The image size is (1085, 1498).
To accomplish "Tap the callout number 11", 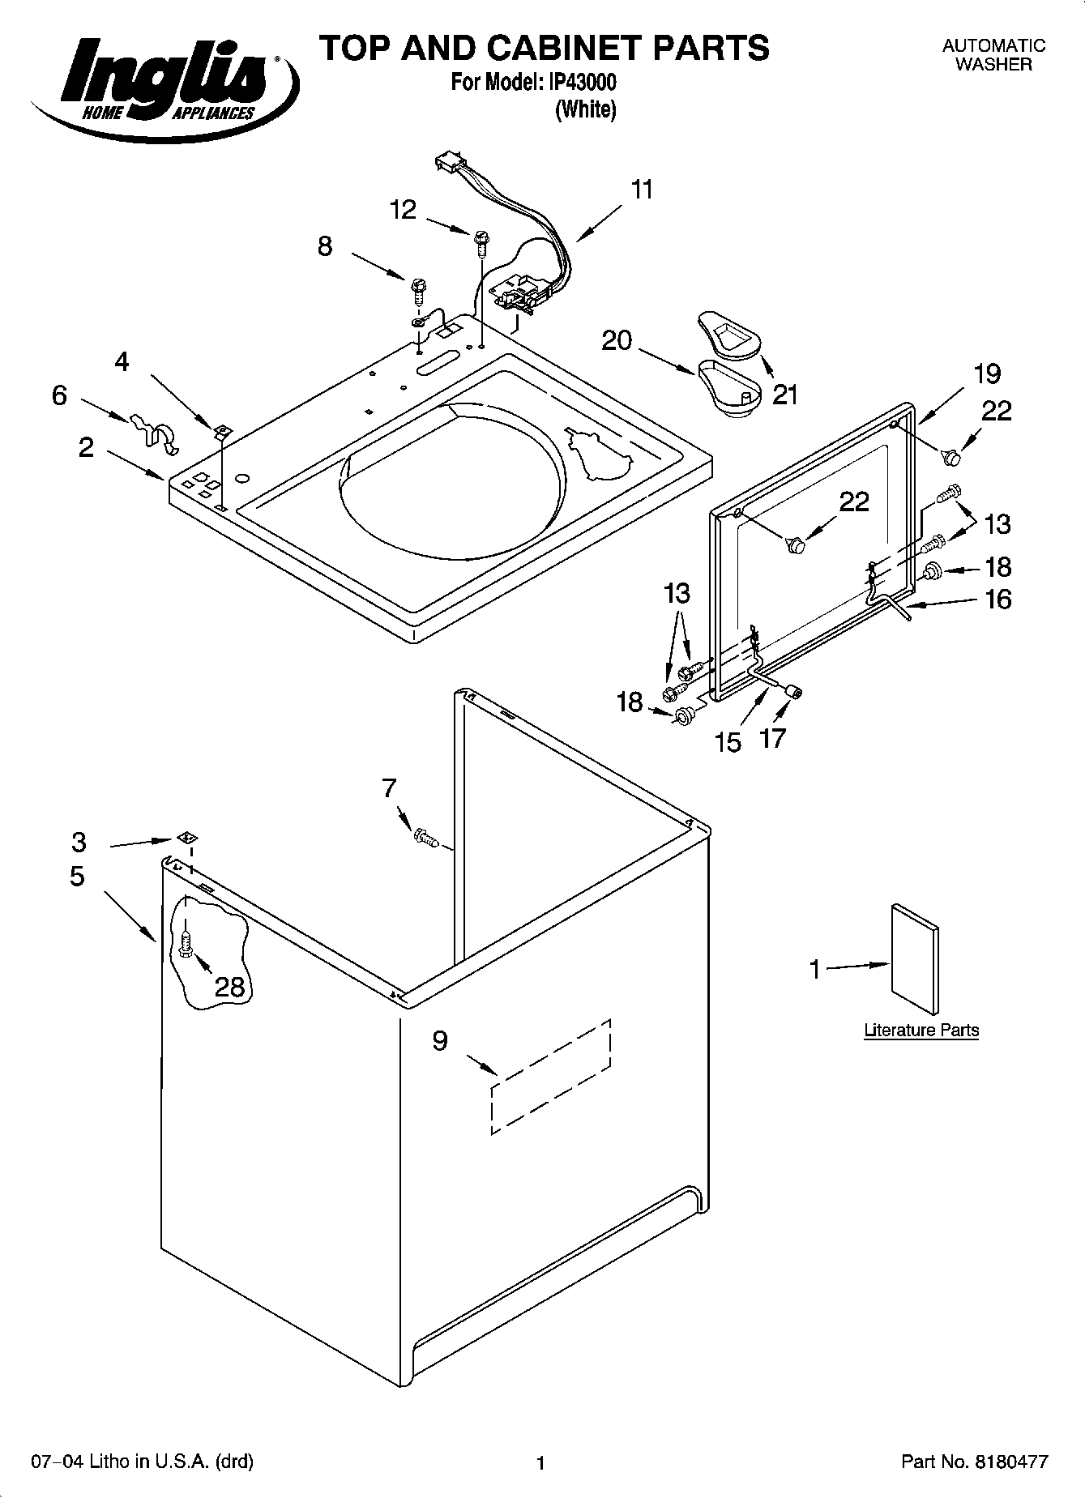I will pyautogui.click(x=641, y=190).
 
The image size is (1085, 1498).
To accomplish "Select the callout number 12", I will pyautogui.click(x=403, y=210).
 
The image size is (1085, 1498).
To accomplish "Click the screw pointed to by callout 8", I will pyautogui.click(x=419, y=287).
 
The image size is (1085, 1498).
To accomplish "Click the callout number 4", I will pyautogui.click(x=122, y=361).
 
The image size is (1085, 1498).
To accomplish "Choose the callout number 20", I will pyautogui.click(x=616, y=340).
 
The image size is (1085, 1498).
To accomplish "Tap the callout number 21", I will pyautogui.click(x=784, y=395).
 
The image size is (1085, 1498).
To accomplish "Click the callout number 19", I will pyautogui.click(x=987, y=373).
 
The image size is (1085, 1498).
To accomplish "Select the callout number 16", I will pyautogui.click(x=997, y=600).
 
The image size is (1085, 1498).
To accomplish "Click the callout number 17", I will pyautogui.click(x=773, y=738).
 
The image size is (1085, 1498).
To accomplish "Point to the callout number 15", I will pyautogui.click(x=728, y=741).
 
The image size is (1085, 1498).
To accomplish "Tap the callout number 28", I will pyautogui.click(x=229, y=986).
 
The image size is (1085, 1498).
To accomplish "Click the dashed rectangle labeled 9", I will pyautogui.click(x=551, y=1078).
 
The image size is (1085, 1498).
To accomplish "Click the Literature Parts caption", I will pyautogui.click(x=921, y=1031).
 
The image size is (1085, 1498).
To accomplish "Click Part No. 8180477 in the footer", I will pyautogui.click(x=975, y=1462).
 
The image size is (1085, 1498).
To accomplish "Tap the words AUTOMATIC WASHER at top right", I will pyautogui.click(x=993, y=56).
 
